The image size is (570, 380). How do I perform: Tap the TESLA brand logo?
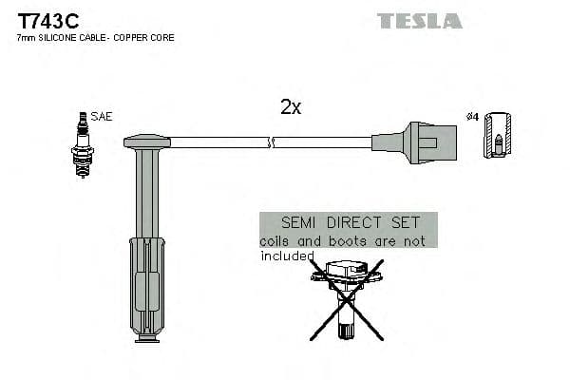pos(419,20)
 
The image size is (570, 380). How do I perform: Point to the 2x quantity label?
pos(290,107)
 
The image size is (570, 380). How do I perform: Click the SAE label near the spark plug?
pos(102,116)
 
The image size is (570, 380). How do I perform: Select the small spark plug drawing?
pos(83,144)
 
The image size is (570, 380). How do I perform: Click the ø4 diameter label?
pos(472,116)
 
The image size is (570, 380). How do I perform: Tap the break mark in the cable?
pos(272,142)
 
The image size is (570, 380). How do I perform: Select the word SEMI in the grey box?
pos(286,222)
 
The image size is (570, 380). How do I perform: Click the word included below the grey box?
pos(286,256)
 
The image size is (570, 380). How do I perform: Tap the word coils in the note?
pos(277,241)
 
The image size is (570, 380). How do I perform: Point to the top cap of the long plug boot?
pos(146,141)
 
